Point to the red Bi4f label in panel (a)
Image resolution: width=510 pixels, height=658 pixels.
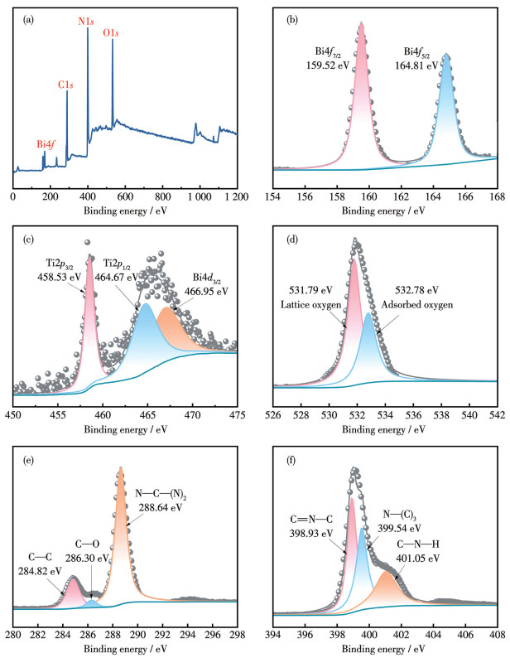click(x=48, y=144)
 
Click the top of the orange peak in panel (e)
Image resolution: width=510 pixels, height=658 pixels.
click(x=121, y=471)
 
